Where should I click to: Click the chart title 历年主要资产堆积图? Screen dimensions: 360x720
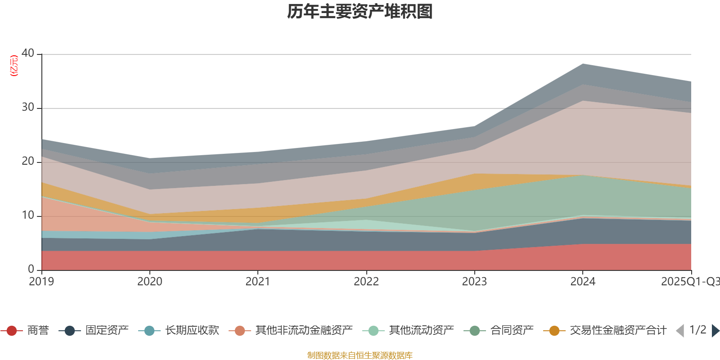pyautogui.click(x=360, y=12)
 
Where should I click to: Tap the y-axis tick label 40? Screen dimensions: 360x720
pyautogui.click(x=27, y=53)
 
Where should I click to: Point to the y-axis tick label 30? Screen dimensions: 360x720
pyautogui.click(x=27, y=107)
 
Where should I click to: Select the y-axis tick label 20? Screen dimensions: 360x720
pyautogui.click(x=27, y=161)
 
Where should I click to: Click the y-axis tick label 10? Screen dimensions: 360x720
pyautogui.click(x=27, y=215)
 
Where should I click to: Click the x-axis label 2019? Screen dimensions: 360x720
pyautogui.click(x=41, y=282)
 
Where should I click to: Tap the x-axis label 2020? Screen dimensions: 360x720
pyautogui.click(x=149, y=282)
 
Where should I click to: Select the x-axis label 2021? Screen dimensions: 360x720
pyautogui.click(x=257, y=282)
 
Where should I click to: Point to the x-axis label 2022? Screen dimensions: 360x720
pyautogui.click(x=366, y=282)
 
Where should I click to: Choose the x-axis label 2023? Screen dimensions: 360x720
pyautogui.click(x=474, y=282)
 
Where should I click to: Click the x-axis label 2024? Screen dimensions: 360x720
pyautogui.click(x=583, y=282)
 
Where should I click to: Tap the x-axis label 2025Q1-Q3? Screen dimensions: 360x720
pyautogui.click(x=689, y=282)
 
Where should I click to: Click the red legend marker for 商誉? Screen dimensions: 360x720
pyautogui.click(x=12, y=331)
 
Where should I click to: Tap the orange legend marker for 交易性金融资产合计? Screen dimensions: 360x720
pyautogui.click(x=554, y=331)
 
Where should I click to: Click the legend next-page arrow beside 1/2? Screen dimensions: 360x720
pyautogui.click(x=715, y=331)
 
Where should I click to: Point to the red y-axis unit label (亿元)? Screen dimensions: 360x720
pyautogui.click(x=14, y=66)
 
